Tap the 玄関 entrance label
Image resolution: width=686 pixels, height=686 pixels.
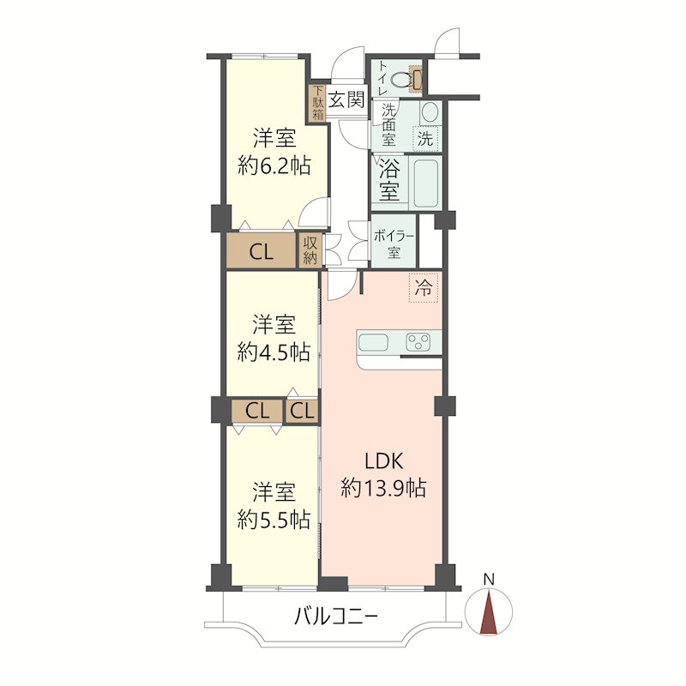click(x=346, y=99)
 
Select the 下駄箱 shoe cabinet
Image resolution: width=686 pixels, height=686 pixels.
click(x=317, y=103)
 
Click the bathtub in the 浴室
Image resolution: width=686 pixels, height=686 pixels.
click(x=425, y=183)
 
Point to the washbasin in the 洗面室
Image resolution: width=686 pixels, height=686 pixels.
click(x=430, y=112)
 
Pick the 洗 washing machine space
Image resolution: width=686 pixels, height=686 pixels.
click(x=425, y=139)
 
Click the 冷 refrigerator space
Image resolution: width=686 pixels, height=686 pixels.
click(x=423, y=288)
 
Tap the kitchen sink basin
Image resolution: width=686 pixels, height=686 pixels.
click(x=373, y=342)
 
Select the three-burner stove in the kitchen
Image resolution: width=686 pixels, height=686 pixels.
click(x=418, y=341)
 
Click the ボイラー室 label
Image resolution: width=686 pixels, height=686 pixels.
click(x=394, y=244)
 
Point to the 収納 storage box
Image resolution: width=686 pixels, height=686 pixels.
click(x=310, y=250)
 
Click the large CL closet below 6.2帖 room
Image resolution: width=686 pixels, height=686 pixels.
click(x=261, y=250)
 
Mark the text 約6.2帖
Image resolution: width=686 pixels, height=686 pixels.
click(x=274, y=166)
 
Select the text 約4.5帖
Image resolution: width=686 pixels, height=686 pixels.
click(x=274, y=352)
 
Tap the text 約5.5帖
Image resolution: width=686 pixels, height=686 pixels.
click(x=274, y=520)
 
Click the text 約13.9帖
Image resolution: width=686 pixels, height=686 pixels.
click(x=383, y=487)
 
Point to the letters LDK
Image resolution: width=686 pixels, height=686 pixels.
click(x=383, y=460)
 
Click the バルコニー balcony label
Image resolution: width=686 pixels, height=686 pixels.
click(x=335, y=617)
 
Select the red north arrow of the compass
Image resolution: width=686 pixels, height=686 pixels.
click(x=489, y=611)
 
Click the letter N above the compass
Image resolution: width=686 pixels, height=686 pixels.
click(x=489, y=580)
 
